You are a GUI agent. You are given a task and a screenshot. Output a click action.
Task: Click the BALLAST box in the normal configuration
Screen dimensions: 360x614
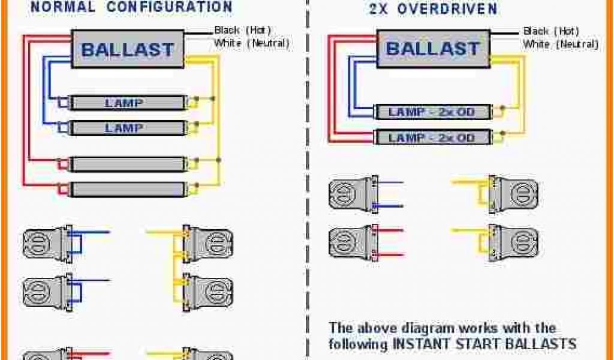pyautogui.click(x=128, y=49)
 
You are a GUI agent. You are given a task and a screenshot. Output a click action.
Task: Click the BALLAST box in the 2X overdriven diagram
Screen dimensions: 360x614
pyautogui.click(x=432, y=48)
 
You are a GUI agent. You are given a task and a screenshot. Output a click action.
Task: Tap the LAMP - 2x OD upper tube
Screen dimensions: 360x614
pyautogui.click(x=432, y=112)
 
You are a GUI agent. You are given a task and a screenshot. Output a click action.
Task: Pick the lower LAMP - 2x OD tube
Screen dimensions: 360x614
pyautogui.click(x=432, y=137)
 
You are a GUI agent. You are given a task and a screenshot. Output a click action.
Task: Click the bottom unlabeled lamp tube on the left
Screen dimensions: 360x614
pyautogui.click(x=127, y=190)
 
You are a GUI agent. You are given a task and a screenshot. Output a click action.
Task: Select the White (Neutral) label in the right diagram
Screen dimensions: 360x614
pyautogui.click(x=560, y=44)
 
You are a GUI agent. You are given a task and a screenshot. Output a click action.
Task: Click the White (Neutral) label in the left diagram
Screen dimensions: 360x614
pyautogui.click(x=252, y=43)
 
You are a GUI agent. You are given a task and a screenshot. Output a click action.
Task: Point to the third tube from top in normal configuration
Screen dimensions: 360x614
pyautogui.click(x=127, y=164)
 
